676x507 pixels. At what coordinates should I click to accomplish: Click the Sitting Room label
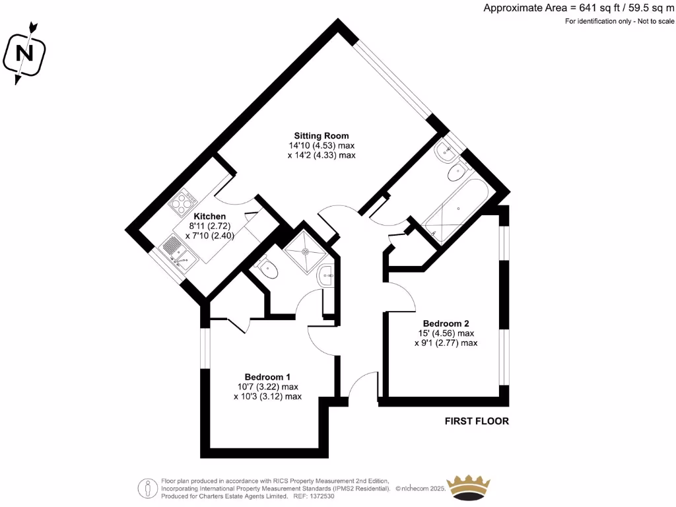(x=321, y=135)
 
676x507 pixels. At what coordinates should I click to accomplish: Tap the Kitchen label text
(x=210, y=216)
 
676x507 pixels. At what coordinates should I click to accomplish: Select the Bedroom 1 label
(x=267, y=376)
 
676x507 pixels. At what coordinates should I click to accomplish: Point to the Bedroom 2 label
(x=446, y=323)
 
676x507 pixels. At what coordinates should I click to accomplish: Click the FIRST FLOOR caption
(x=477, y=421)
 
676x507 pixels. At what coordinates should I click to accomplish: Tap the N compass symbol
(x=25, y=52)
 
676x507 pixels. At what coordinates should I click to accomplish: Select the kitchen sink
(x=180, y=254)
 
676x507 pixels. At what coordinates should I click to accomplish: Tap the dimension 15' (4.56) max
(x=446, y=333)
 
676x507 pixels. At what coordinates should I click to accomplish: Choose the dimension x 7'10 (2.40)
(x=210, y=235)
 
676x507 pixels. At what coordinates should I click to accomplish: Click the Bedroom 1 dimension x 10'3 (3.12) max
(x=267, y=397)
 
